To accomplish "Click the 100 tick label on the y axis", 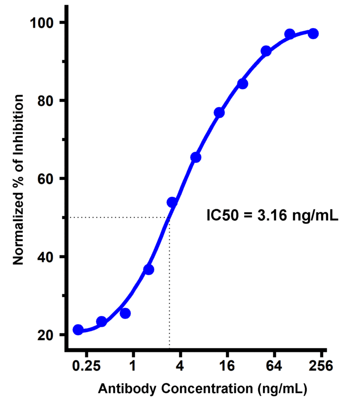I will tap(43, 22).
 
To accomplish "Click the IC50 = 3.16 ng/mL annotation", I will tap(272, 216).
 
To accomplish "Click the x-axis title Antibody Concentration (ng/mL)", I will tap(202, 388).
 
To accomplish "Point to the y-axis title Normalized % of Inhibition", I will tap(18, 179).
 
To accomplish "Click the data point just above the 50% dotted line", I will tap(172, 202).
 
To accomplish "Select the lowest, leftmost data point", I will tap(78, 330).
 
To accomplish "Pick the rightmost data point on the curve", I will tap(313, 33).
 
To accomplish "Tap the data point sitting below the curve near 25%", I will tap(125, 313).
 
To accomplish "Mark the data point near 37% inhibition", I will tap(149, 269).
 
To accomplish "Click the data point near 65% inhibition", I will tap(196, 157).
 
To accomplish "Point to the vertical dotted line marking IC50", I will tap(169, 281).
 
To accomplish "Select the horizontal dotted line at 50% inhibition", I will tap(117, 217).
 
